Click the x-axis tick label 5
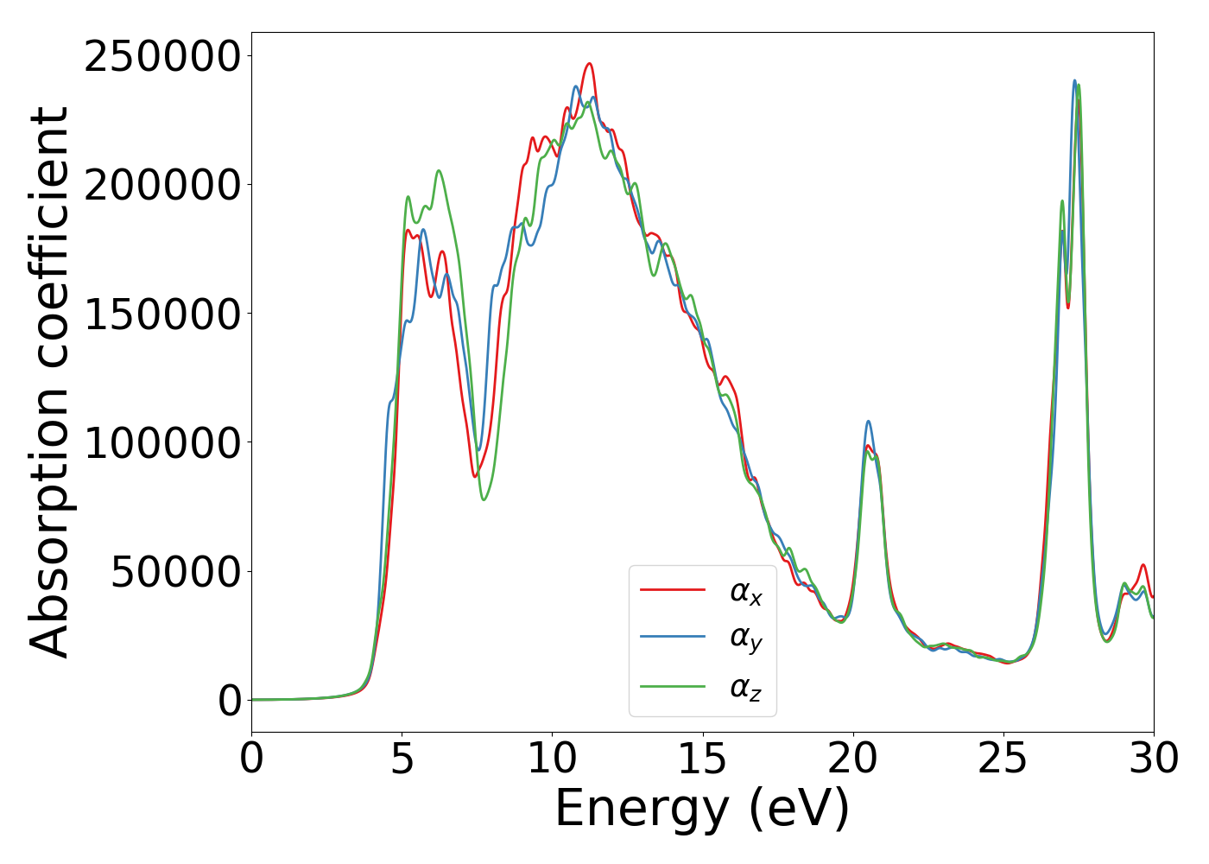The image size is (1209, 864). click(402, 759)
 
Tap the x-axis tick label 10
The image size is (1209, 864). click(553, 759)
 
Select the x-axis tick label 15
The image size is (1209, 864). click(703, 759)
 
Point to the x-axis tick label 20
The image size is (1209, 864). click(853, 759)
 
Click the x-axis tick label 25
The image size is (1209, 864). click(1003, 759)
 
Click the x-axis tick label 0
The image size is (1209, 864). click(252, 759)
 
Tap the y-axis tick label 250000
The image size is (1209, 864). click(162, 57)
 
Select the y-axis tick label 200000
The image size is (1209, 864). click(162, 186)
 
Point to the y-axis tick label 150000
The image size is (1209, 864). click(162, 314)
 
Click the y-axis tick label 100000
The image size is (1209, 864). click(162, 443)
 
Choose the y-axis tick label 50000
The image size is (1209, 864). click(175, 572)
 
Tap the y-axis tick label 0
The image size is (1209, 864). click(230, 701)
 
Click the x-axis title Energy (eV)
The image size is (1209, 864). click(702, 810)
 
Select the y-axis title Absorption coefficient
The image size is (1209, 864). click(50, 383)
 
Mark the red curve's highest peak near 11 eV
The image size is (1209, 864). click(589, 64)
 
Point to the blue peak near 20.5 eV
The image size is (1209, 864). click(868, 422)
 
